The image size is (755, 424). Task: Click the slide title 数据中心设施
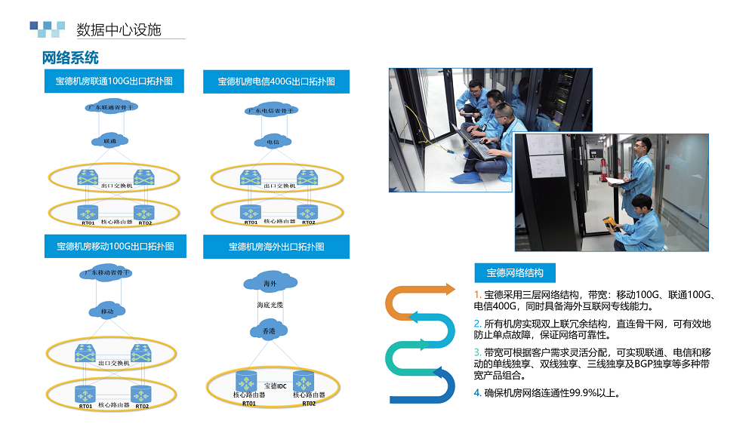point(119,30)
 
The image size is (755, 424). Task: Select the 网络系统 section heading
point(70,58)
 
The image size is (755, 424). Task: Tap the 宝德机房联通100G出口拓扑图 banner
point(114,81)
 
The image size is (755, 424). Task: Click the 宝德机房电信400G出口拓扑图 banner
point(276,81)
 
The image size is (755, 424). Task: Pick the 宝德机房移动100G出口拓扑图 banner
point(115,247)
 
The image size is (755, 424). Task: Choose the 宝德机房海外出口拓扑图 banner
point(276,247)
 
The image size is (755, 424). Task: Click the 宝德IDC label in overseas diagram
point(275,386)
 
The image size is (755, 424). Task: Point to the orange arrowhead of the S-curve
point(451,289)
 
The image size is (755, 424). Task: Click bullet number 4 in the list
point(477,392)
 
